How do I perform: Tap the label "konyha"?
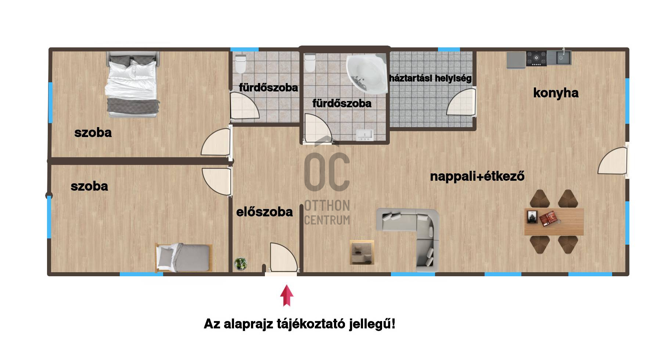[556, 93]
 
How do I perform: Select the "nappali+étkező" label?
[477, 176]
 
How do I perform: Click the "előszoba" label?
[265, 212]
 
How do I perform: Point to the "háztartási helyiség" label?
[430, 78]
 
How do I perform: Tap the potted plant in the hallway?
[241, 264]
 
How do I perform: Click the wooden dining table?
[554, 222]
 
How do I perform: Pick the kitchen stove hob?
[536, 59]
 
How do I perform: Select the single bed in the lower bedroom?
[184, 258]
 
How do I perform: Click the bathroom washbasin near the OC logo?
[365, 135]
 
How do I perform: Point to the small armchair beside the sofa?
[362, 252]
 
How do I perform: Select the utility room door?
[461, 102]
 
